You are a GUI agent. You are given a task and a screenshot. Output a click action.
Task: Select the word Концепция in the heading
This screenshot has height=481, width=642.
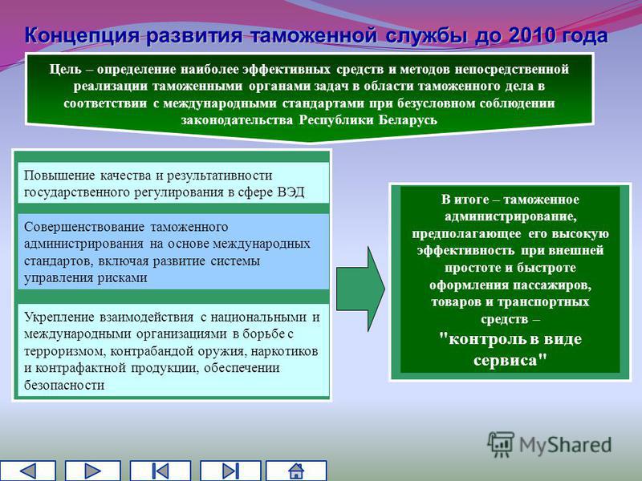(x=83, y=36)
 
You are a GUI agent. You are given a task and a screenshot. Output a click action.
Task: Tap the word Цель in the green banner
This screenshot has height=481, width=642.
(x=65, y=69)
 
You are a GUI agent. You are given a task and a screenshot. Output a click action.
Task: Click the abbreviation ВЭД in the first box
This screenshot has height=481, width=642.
(x=291, y=192)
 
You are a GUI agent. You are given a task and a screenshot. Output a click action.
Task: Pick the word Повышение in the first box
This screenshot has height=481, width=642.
(x=59, y=176)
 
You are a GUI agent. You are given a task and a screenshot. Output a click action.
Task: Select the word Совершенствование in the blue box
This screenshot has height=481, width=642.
(x=84, y=227)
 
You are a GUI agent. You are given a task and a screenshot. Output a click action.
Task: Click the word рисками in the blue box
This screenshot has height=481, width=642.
(x=123, y=277)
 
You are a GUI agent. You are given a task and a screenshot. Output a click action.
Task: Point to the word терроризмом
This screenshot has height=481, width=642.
(x=65, y=351)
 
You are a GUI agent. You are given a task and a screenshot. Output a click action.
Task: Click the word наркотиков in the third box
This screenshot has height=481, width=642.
(x=284, y=351)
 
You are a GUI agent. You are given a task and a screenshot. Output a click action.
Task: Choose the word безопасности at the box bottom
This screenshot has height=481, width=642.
(x=64, y=385)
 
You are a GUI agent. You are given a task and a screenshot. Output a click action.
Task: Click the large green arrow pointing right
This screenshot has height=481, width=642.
(x=360, y=289)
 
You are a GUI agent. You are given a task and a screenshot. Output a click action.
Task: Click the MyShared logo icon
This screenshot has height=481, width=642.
(x=500, y=444)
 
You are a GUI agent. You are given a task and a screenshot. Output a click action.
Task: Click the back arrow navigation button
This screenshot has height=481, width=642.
(x=28, y=471)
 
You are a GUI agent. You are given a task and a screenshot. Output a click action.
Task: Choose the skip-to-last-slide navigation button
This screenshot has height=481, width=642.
(x=230, y=471)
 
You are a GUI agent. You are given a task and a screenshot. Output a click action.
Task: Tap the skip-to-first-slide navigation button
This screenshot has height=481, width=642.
(x=160, y=471)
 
